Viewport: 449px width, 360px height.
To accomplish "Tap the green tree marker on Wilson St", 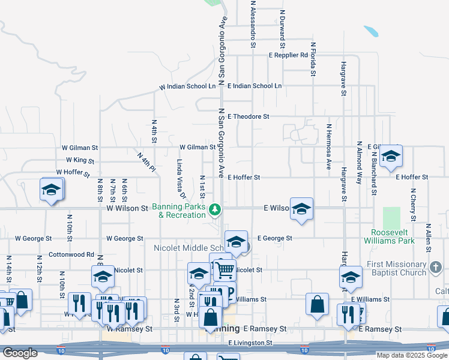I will click(x=215, y=210).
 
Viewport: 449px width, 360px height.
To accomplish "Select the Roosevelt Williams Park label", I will click(x=393, y=236).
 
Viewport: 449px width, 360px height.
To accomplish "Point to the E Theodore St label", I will click(x=249, y=116).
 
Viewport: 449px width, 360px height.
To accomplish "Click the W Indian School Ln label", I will click(x=187, y=86).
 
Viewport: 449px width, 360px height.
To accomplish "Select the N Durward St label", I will click(x=282, y=28).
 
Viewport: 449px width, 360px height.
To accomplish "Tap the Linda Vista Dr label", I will click(x=179, y=179).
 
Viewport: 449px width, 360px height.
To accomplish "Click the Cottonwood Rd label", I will click(x=71, y=254).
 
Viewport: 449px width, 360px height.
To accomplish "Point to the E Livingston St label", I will click(x=250, y=343).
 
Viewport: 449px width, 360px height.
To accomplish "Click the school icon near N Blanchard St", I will click(x=391, y=157).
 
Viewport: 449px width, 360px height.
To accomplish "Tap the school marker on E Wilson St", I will click(x=301, y=209).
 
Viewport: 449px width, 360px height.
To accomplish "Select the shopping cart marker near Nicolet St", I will click(x=225, y=269).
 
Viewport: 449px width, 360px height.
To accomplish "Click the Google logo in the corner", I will click(x=20, y=353).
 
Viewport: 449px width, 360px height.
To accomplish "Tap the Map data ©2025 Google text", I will click(x=412, y=355).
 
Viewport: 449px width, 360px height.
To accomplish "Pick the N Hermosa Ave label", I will click(x=328, y=146).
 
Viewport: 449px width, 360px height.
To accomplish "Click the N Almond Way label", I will click(x=359, y=162).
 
